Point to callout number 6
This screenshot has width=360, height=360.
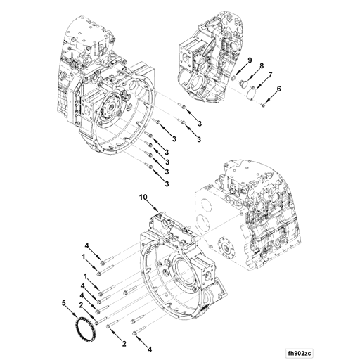(278, 89)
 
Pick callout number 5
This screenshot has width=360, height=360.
(63, 304)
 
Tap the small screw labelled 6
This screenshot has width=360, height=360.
(262, 105)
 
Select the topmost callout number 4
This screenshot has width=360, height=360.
(87, 245)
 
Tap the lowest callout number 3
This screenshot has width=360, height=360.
(167, 184)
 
